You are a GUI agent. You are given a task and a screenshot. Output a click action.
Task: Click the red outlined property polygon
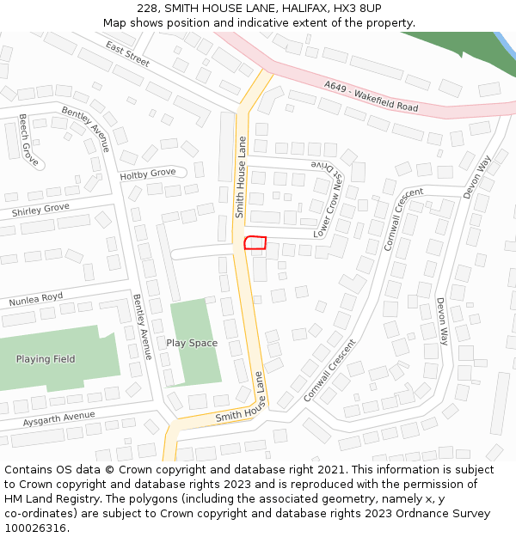pyautogui.click(x=255, y=243)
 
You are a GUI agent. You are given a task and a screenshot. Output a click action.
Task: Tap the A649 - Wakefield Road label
pyautogui.click(x=372, y=96)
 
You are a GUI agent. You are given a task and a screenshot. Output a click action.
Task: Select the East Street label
pyautogui.click(x=127, y=53)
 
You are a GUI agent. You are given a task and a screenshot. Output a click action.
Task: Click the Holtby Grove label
pyautogui.click(x=147, y=174)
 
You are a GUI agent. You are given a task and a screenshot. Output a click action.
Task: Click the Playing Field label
pyautogui.click(x=45, y=359)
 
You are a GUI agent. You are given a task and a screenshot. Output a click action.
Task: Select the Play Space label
pyautogui.click(x=192, y=343)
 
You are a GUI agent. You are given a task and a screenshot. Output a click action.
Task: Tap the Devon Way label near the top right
pyautogui.click(x=476, y=177)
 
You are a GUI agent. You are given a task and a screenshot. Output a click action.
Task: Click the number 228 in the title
pyautogui.click(x=148, y=8)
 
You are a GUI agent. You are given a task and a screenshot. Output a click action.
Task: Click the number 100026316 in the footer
pyautogui.click(x=37, y=528)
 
